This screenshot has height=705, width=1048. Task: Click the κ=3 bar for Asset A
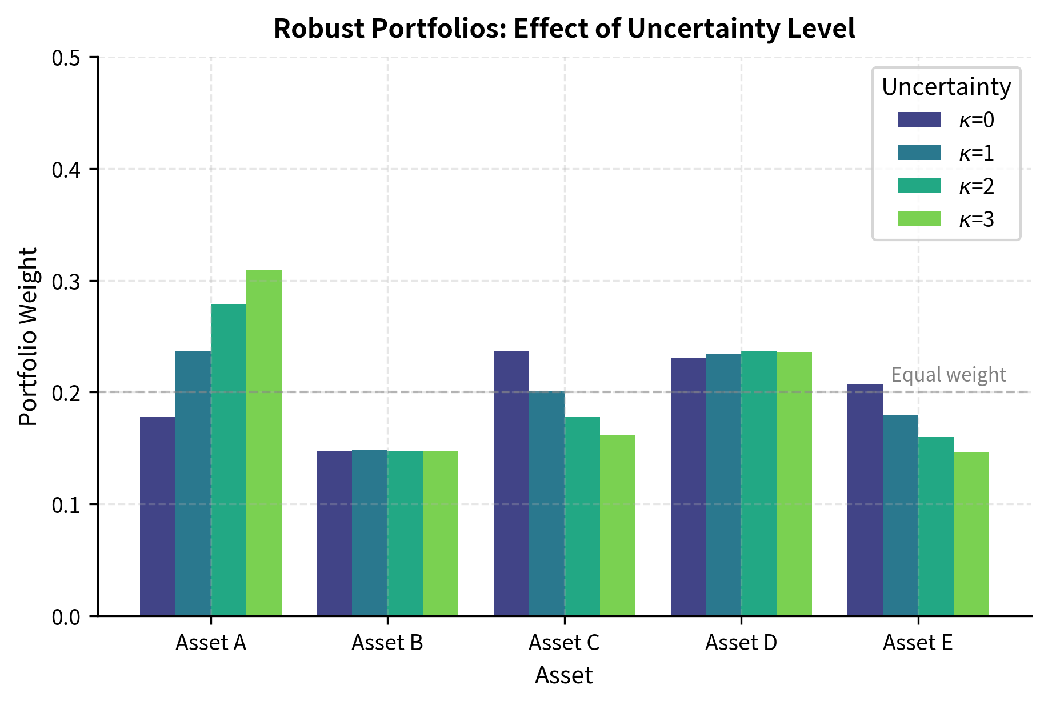coord(264,443)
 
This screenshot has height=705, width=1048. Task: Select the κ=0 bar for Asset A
coord(158,516)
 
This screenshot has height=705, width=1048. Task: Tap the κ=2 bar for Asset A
coord(229,460)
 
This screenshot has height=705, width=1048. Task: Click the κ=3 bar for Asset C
coord(618,526)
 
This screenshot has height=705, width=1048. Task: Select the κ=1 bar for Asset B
coord(370,533)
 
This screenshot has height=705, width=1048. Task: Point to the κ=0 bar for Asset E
coord(865,500)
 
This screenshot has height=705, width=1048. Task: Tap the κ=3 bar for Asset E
coord(971,534)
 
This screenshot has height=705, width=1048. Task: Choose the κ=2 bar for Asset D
coord(759,484)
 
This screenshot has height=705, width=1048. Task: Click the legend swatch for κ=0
coord(919,120)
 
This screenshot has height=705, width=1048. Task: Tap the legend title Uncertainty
coord(946,87)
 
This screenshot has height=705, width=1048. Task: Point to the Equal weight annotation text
coord(949,375)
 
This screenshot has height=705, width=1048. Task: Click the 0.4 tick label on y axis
coord(67,170)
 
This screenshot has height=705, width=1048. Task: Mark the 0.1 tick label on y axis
coord(67,505)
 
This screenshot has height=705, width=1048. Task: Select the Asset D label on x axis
coord(741,643)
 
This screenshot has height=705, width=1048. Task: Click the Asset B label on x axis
coord(387,643)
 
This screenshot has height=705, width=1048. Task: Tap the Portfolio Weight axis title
coord(28,337)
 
